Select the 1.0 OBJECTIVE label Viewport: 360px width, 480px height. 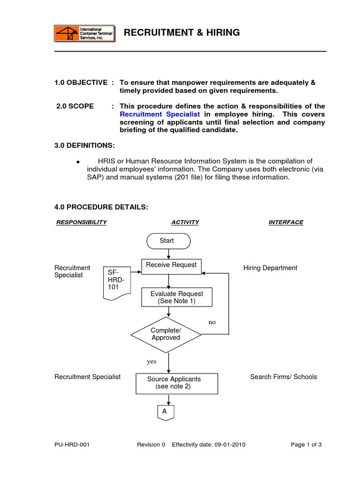click(x=81, y=82)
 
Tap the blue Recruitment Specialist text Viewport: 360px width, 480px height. click(x=160, y=114)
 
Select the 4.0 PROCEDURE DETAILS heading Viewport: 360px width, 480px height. click(x=101, y=208)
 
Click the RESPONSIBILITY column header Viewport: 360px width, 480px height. click(x=81, y=222)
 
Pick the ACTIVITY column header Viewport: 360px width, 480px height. click(x=185, y=222)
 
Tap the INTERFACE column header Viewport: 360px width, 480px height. click(x=285, y=222)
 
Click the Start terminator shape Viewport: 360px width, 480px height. click(x=168, y=241)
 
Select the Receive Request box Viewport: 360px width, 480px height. click(x=172, y=266)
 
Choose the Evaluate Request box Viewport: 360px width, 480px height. click(x=176, y=297)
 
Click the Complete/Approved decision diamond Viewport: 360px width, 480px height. click(x=165, y=334)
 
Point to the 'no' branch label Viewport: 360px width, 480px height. click(x=212, y=322)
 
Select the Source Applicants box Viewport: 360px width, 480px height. click(x=177, y=383)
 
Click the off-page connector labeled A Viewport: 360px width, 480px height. click(x=165, y=412)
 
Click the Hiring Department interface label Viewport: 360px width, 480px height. click(x=270, y=268)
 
